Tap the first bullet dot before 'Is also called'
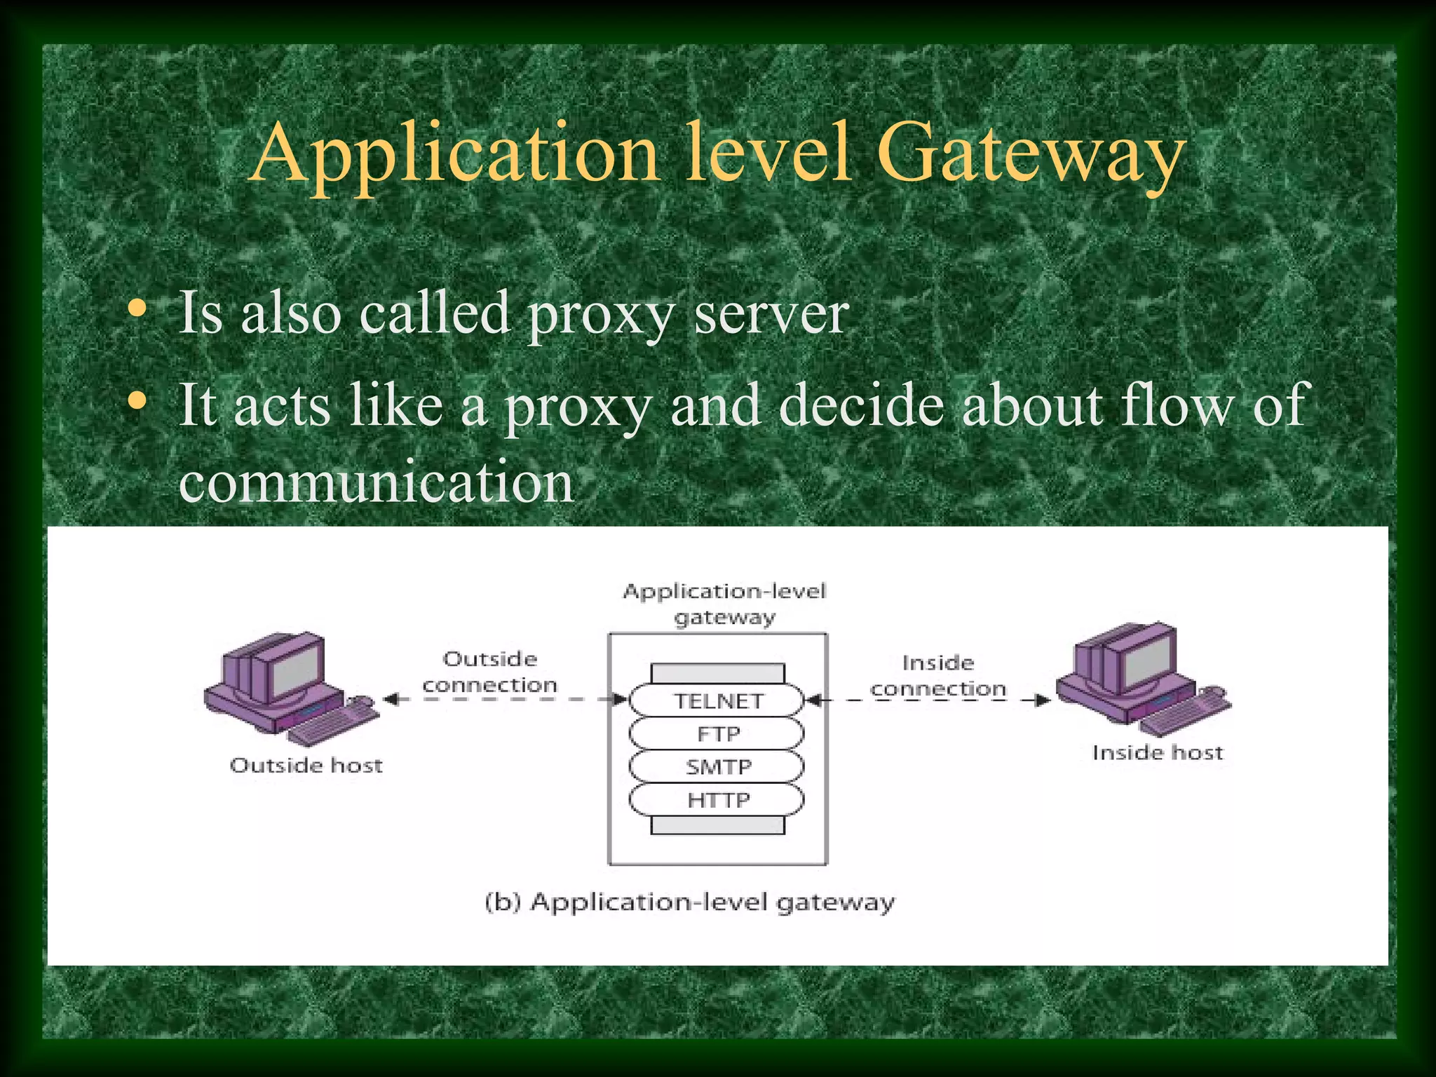pyautogui.click(x=137, y=309)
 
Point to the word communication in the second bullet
pyautogui.click(x=377, y=482)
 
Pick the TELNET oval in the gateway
pyautogui.click(x=717, y=700)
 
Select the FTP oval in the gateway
pyautogui.click(x=717, y=733)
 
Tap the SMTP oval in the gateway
pyautogui.click(x=717, y=766)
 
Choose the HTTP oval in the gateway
pyautogui.click(x=717, y=799)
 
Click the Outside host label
pyautogui.click(x=306, y=765)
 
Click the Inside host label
pyautogui.click(x=1157, y=752)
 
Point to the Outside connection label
pyautogui.click(x=489, y=672)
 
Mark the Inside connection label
pyautogui.click(x=938, y=676)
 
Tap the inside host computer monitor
pyautogui.click(x=1147, y=657)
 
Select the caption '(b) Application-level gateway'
pyautogui.click(x=690, y=902)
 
